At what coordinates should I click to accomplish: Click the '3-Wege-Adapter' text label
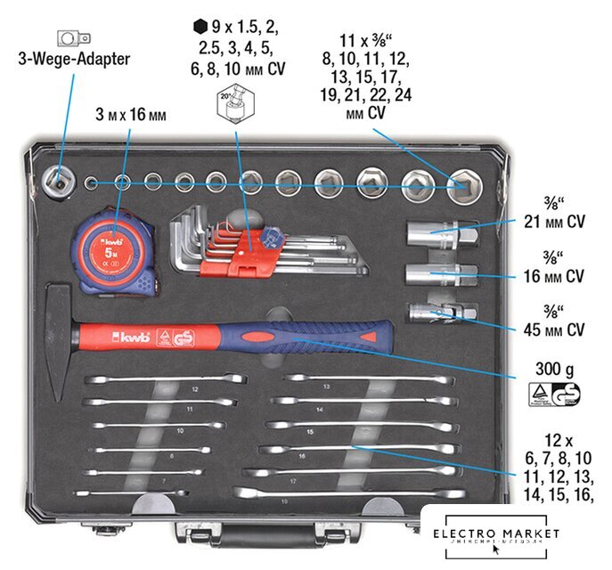coord(73,59)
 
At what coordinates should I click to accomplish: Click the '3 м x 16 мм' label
coord(131,115)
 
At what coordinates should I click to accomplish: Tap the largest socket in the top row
coord(462,185)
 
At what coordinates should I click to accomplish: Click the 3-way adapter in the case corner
coord(60,178)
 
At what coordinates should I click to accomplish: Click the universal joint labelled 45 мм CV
coord(441,313)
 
